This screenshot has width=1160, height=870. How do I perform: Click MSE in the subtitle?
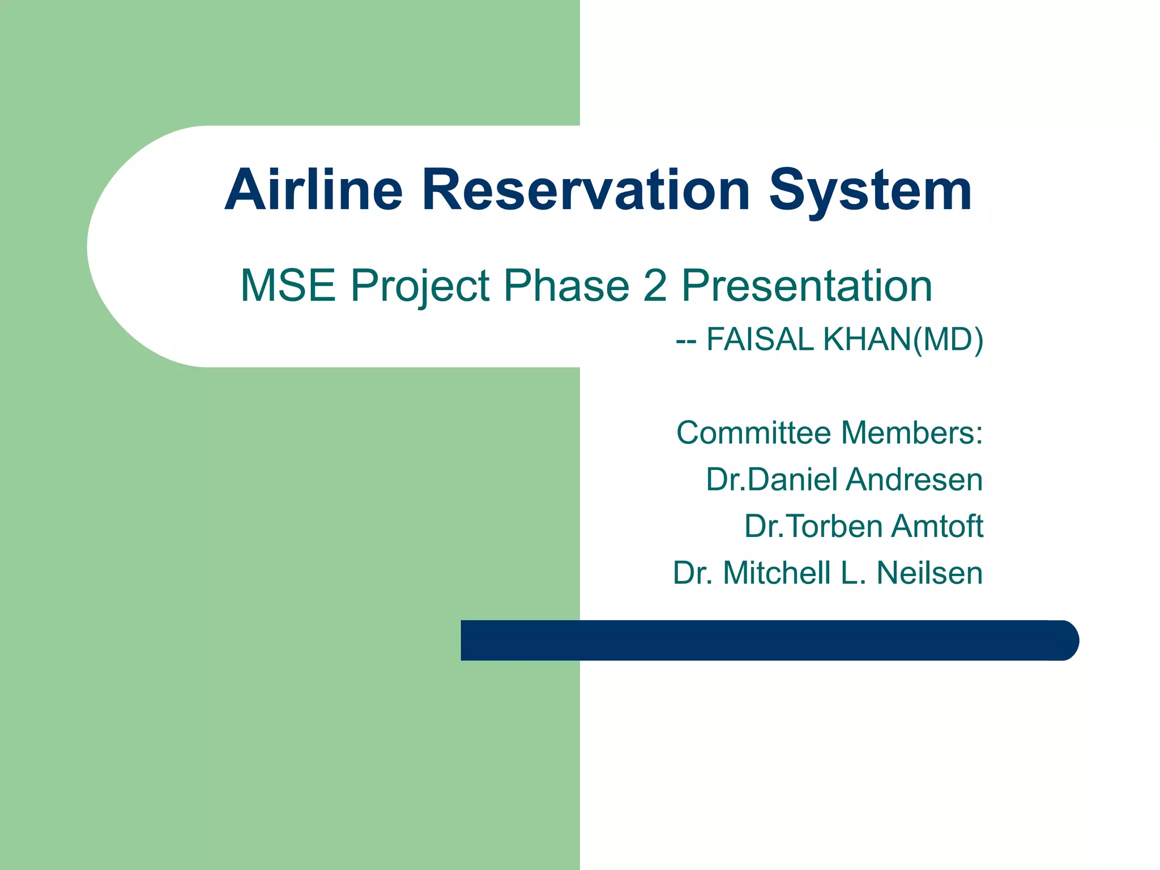288,285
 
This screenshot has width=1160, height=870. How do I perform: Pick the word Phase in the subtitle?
566,285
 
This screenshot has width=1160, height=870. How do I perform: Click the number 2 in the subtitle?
655,285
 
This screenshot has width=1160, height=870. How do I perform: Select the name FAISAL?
760,340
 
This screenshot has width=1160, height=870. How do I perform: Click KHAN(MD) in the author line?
903,340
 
